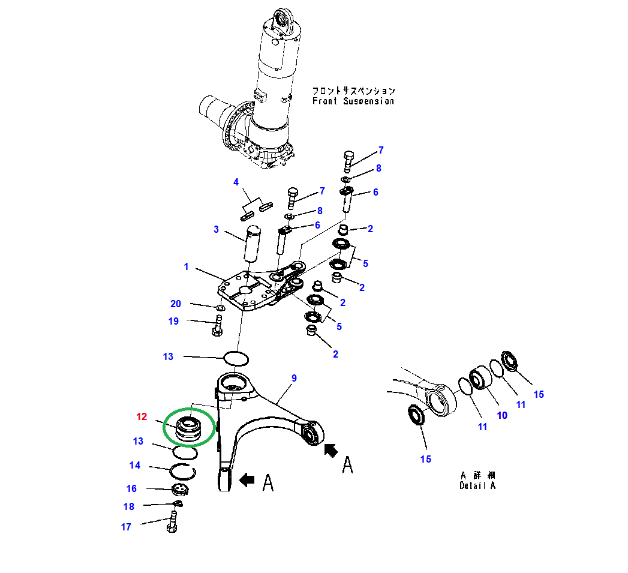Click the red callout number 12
[x=142, y=416]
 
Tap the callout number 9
[x=294, y=378]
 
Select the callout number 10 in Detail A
[x=503, y=415]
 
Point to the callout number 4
[x=236, y=182]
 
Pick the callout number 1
[x=187, y=266]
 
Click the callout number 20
[x=176, y=304]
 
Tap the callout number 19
[x=173, y=321]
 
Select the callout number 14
[x=135, y=465]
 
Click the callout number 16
[x=131, y=488]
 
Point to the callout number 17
[x=126, y=527]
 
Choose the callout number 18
[x=129, y=506]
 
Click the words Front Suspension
[x=353, y=101]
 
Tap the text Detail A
[x=477, y=485]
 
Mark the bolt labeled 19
[x=217, y=326]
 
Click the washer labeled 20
[x=221, y=308]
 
